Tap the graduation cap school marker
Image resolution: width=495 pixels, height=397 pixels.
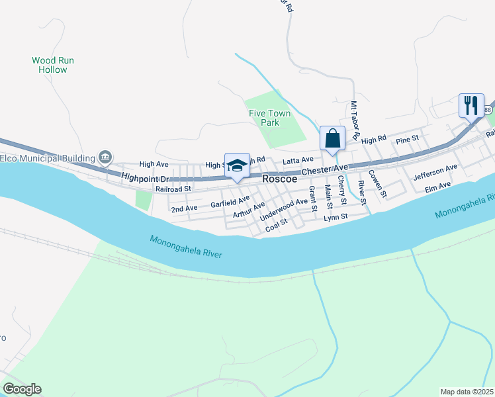click(x=237, y=166)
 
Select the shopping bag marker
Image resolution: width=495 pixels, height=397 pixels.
click(x=332, y=139)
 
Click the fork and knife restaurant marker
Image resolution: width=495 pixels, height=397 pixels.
click(x=471, y=105)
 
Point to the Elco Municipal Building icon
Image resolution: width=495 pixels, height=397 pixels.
click(x=105, y=157)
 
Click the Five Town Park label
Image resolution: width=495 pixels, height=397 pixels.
click(x=269, y=118)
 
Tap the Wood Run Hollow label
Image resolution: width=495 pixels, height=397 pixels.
click(x=53, y=65)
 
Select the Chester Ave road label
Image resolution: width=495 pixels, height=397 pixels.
click(x=325, y=171)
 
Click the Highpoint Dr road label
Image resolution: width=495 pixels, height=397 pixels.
click(x=146, y=177)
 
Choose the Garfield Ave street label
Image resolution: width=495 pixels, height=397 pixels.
click(x=230, y=201)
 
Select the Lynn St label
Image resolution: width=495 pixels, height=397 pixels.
click(x=336, y=217)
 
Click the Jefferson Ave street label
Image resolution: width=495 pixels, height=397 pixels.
click(x=435, y=173)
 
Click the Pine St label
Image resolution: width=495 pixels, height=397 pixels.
click(x=407, y=139)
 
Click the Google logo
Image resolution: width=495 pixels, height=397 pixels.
click(x=21, y=389)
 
